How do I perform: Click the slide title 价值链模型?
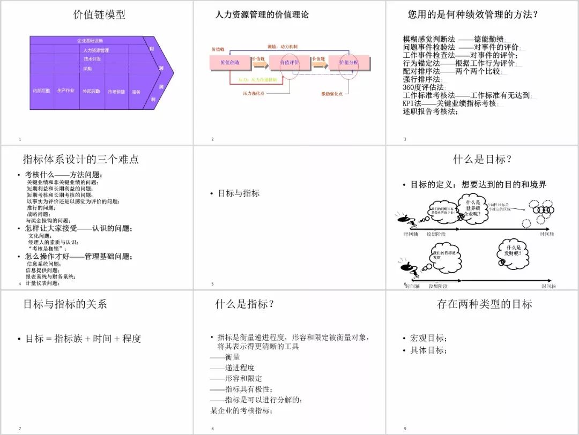pyautogui.click(x=99, y=15)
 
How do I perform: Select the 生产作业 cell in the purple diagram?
pyautogui.click(x=66, y=91)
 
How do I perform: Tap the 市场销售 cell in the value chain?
pyautogui.click(x=116, y=92)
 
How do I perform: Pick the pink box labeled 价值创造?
pyautogui.click(x=230, y=63)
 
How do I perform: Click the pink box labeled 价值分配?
pyautogui.click(x=348, y=63)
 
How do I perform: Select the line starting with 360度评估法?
pyautogui.click(x=424, y=87)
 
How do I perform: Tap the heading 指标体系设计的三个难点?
pyautogui.click(x=80, y=159)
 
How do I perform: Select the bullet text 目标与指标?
pyautogui.click(x=239, y=193)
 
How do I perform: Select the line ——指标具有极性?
pyautogui.click(x=241, y=389)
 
